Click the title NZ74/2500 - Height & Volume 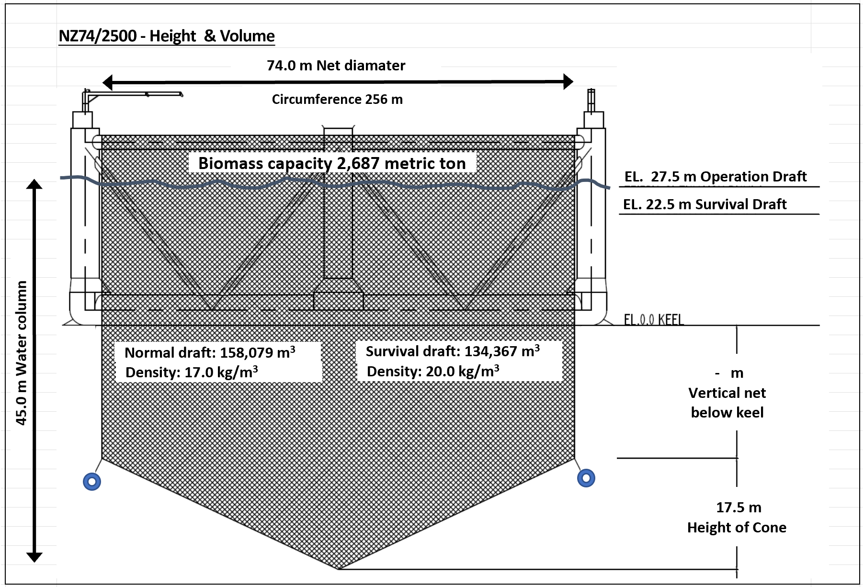pos(167,36)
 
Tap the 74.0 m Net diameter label pos(336,65)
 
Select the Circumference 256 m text pos(337,99)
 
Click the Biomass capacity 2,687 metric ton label pos(332,163)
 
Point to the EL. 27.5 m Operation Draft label pos(716,177)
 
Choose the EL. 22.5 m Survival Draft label pos(705,204)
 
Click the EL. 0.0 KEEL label pos(653,319)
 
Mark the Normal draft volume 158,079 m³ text pos(210,352)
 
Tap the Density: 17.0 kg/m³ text pos(192,372)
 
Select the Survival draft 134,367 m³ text pos(453,351)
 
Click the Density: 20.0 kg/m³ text pos(433,371)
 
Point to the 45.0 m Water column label pos(22,353)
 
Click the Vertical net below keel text pos(727,402)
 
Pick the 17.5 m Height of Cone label pos(737,518)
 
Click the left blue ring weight pos(92,481)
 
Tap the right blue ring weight pos(586,478)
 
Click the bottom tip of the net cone pos(339,568)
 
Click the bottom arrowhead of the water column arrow pos(34,557)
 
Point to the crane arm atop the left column pos(134,94)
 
